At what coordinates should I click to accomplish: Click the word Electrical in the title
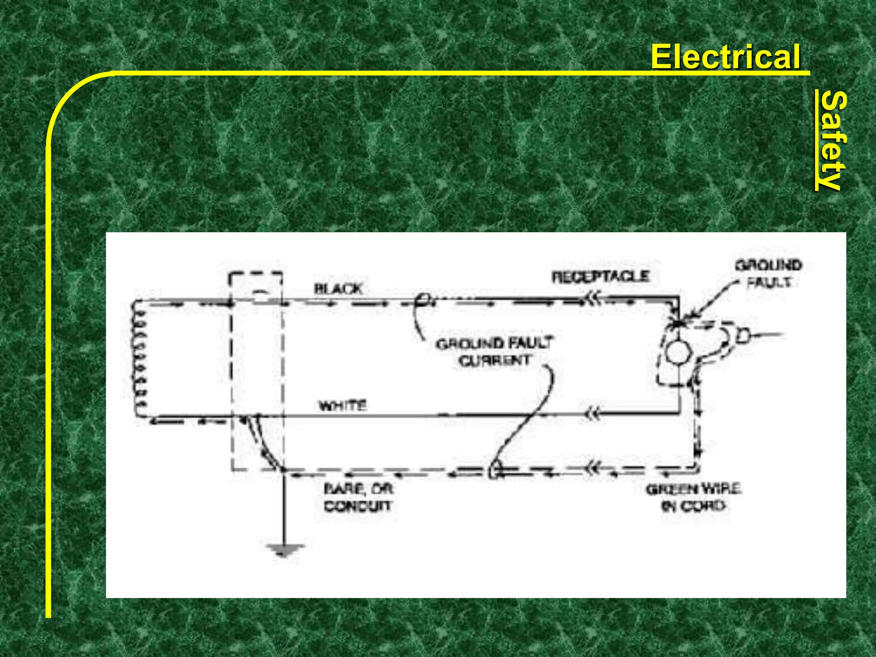[x=725, y=56]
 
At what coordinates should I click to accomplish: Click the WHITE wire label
[x=343, y=405]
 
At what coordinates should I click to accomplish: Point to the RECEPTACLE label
[x=601, y=277]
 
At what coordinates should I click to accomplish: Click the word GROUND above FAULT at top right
[x=768, y=266]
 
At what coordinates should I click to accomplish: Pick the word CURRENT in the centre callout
[x=495, y=361]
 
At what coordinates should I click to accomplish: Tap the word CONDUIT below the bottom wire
[x=358, y=506]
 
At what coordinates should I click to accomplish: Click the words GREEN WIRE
[x=693, y=489]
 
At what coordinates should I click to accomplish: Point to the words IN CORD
[x=693, y=506]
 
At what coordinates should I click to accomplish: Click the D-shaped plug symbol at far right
[x=743, y=337]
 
